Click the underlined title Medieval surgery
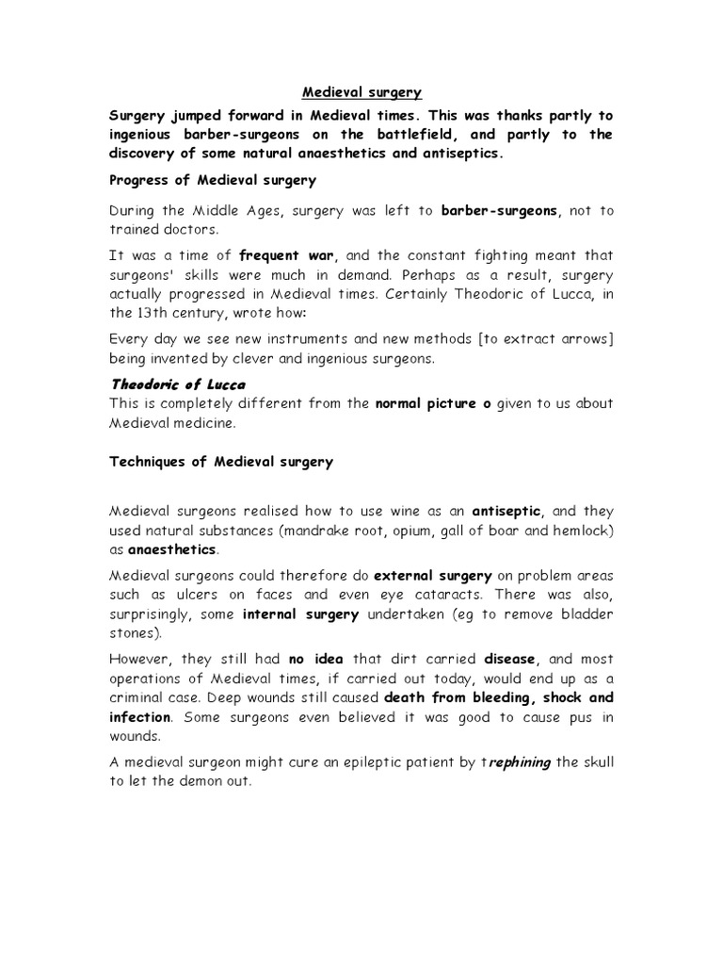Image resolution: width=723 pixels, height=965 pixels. click(361, 92)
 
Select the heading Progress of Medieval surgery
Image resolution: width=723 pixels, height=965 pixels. click(214, 179)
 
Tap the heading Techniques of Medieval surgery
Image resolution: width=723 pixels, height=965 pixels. click(221, 462)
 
